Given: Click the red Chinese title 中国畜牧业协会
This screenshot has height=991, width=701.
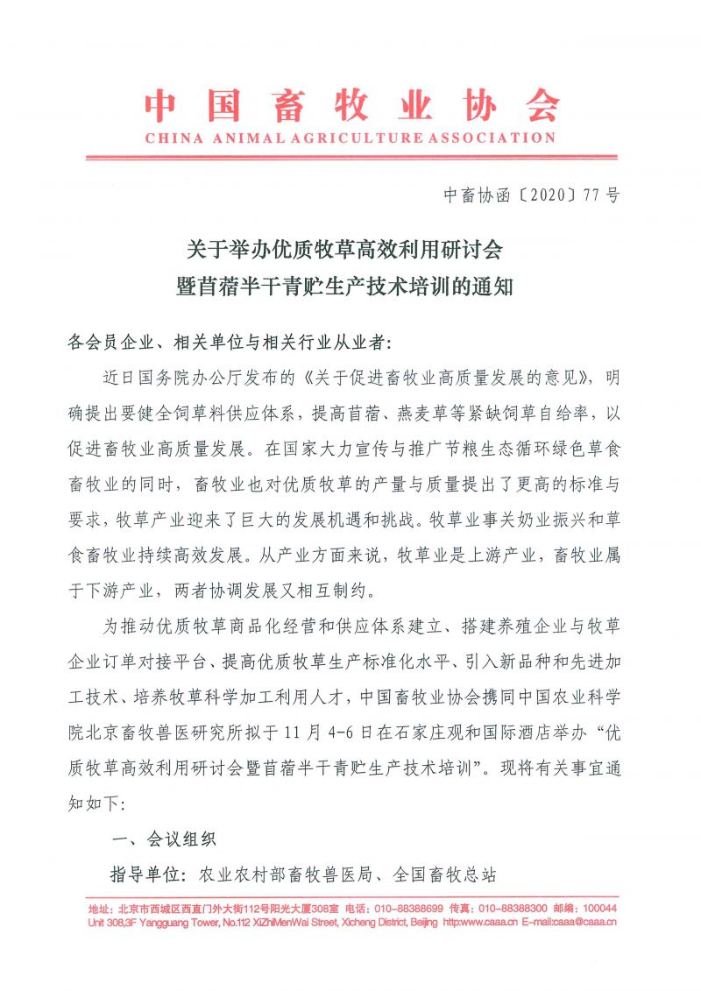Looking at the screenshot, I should pyautogui.click(x=351, y=106).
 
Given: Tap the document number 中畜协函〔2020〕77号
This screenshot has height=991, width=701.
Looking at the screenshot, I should pyautogui.click(x=532, y=195).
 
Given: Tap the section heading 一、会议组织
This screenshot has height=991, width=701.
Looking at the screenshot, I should pyautogui.click(x=166, y=839).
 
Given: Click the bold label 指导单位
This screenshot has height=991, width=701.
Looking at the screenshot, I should pyautogui.click(x=147, y=874).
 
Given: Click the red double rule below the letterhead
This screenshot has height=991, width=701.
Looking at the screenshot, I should pyautogui.click(x=350, y=158).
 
